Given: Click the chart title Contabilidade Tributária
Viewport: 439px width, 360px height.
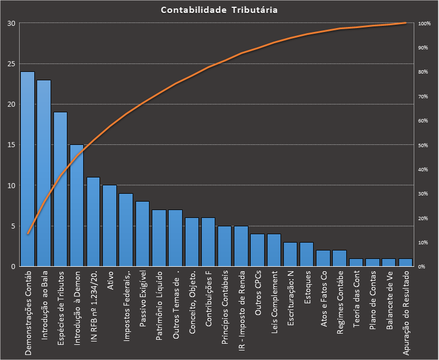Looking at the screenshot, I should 219,10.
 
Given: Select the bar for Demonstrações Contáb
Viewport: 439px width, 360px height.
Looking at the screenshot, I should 28,168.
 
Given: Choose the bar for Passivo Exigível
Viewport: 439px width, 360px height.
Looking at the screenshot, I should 143,234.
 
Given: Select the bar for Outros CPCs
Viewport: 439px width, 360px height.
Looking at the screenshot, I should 257,250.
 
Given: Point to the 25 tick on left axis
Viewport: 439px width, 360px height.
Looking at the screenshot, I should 11,64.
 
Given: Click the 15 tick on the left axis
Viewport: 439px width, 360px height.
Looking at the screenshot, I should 11,145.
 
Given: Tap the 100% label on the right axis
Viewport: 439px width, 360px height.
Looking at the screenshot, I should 424,24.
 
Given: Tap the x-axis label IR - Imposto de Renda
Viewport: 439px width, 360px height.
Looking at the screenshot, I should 242,306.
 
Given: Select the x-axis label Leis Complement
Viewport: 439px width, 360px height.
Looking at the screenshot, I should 274,304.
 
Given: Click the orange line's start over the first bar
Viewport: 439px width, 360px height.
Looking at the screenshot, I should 28,234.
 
